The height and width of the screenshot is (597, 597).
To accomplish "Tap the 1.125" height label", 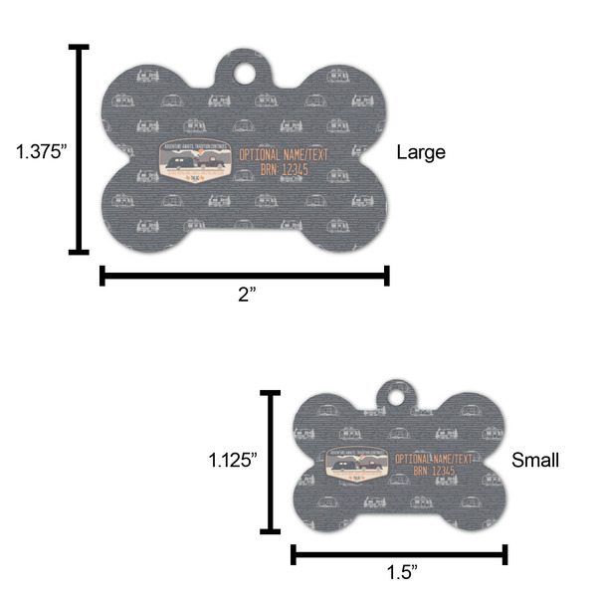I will pos(233,460).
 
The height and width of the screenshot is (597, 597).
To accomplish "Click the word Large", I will pos(421,152).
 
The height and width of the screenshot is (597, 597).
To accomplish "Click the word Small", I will pos(535,460).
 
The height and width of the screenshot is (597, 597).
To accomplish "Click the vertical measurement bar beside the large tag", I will pos(79,149).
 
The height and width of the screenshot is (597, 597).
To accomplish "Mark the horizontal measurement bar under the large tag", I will pos(244,276).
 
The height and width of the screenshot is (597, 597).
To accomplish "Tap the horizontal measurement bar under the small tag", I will pos(399,553).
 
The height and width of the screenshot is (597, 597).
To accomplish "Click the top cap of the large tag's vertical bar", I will pos(79,47).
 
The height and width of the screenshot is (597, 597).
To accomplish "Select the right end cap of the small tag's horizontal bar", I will pos(505,553).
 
